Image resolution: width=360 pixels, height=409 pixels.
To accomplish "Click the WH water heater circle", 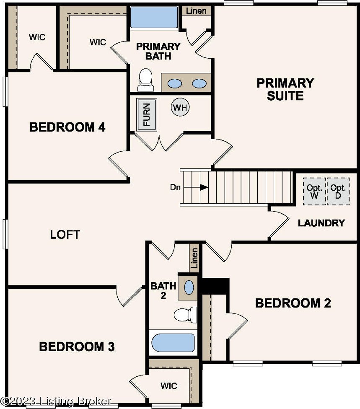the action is click(x=180, y=107).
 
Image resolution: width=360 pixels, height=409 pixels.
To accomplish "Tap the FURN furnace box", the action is click(x=147, y=114).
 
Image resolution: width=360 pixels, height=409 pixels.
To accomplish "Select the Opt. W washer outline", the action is click(x=314, y=191).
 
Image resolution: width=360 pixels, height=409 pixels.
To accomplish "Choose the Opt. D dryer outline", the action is click(x=338, y=191).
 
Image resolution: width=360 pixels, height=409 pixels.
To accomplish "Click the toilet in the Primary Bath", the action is click(x=145, y=80).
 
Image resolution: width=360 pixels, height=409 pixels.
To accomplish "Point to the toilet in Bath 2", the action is click(x=186, y=315).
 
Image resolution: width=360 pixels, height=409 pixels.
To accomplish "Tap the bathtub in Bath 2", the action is click(x=173, y=342).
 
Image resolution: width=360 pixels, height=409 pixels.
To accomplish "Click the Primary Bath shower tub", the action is click(x=154, y=17).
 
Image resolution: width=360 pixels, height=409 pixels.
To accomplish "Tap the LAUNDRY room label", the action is click(x=321, y=223).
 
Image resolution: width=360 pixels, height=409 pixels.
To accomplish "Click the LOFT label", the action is click(x=65, y=235).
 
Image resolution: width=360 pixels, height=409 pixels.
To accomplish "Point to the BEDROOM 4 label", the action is click(x=67, y=127).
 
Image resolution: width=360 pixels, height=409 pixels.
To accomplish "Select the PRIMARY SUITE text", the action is click(x=285, y=89).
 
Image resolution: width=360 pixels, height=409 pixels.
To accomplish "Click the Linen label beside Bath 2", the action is click(x=194, y=258).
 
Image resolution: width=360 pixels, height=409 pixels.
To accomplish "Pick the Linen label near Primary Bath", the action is click(x=196, y=11).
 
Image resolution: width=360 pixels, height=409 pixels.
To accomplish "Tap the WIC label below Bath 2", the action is click(x=169, y=386).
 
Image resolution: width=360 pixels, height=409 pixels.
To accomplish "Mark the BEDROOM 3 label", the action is click(x=77, y=347).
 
